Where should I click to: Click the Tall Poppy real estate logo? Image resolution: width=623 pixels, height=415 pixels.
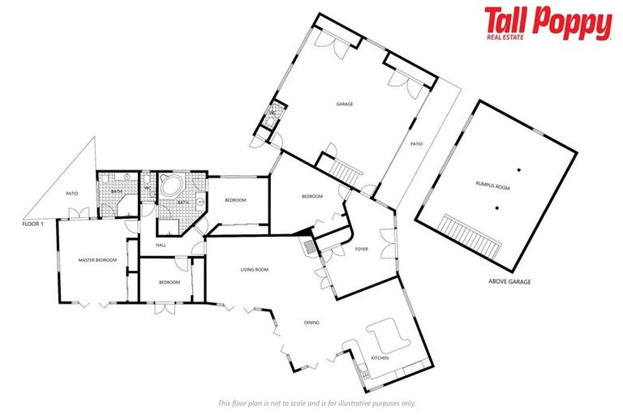pos(548,24)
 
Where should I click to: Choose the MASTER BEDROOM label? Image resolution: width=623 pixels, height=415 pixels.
pos(97,260)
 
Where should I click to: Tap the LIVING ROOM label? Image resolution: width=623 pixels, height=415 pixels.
pos(254,270)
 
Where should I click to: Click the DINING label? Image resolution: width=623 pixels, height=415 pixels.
pos(311,323)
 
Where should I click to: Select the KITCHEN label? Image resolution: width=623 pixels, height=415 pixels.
pos(379,357)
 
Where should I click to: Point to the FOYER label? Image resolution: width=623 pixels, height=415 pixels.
pos(362,250)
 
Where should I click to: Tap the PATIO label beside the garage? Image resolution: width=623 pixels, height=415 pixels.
pos(416,144)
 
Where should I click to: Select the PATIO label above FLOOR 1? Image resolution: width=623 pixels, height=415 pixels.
pos(71,193)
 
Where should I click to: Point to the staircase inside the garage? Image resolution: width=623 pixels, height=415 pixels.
pos(346,171)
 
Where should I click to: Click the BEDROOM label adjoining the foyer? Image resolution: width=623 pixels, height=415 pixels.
pos(312,196)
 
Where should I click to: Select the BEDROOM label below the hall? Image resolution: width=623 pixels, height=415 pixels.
pos(169,282)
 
